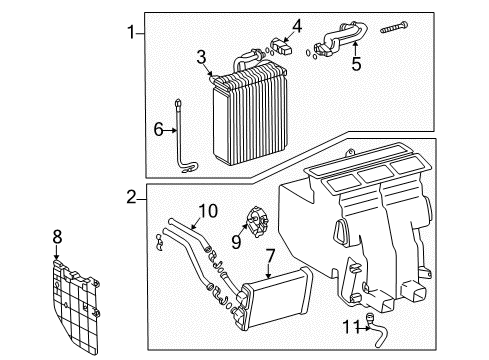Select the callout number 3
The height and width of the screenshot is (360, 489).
pos(201,56)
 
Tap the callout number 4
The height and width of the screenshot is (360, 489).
pos(295,25)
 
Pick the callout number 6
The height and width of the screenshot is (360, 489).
pos(157,128)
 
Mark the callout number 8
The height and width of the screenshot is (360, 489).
pos(57,238)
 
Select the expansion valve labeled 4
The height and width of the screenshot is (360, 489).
pos(285,44)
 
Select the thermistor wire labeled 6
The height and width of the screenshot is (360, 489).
pos(183,135)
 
